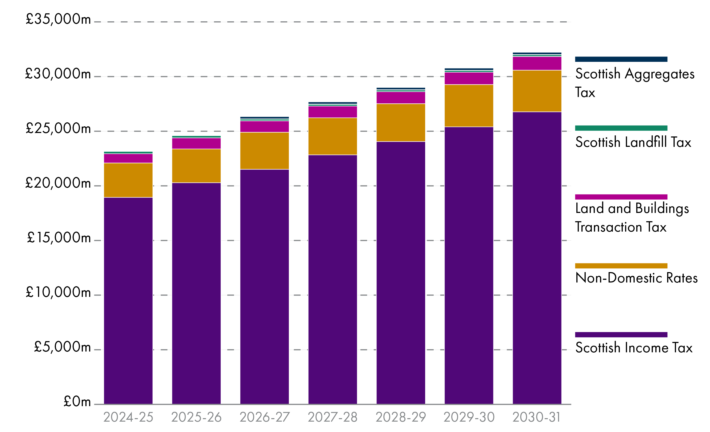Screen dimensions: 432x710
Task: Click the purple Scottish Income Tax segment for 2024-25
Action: (128, 300)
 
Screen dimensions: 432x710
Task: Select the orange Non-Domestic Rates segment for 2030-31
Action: (537, 91)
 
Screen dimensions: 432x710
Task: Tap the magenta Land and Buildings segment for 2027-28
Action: (333, 112)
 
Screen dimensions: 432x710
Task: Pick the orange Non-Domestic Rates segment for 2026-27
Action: (265, 151)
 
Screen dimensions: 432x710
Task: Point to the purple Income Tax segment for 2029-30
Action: (469, 265)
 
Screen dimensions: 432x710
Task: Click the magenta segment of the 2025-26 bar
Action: (196, 143)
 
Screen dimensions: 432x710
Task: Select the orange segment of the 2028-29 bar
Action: (401, 123)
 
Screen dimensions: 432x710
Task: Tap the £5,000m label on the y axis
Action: (62, 347)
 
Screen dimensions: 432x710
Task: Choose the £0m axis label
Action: (77, 401)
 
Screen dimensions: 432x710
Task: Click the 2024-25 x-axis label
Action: (128, 417)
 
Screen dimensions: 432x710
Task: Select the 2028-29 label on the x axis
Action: (401, 417)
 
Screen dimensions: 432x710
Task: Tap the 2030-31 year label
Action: (536, 417)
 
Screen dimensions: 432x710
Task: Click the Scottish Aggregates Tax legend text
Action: (634, 83)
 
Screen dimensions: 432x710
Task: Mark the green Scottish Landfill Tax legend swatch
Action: (621, 128)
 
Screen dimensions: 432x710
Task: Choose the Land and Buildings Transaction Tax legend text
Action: (632, 217)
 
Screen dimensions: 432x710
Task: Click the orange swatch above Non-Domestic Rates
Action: (621, 266)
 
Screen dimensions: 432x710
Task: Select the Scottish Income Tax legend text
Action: (634, 348)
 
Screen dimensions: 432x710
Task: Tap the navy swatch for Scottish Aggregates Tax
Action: (621, 59)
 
